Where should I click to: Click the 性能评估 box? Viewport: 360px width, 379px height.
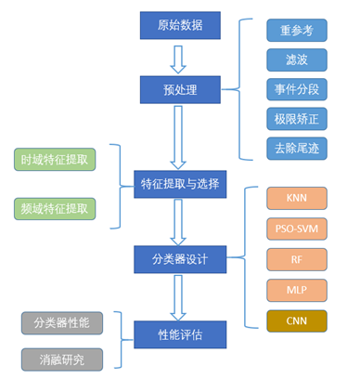click(179, 332)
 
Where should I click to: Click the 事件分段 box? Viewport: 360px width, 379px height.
click(296, 89)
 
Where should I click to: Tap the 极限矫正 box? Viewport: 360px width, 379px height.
click(296, 120)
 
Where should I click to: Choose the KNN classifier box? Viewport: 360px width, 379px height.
click(296, 198)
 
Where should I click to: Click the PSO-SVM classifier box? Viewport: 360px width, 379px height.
click(296, 229)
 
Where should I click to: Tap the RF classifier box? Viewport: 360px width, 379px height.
click(296, 258)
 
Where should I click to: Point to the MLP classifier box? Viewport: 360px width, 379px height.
click(296, 289)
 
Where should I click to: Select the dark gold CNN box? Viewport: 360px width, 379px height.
click(296, 321)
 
